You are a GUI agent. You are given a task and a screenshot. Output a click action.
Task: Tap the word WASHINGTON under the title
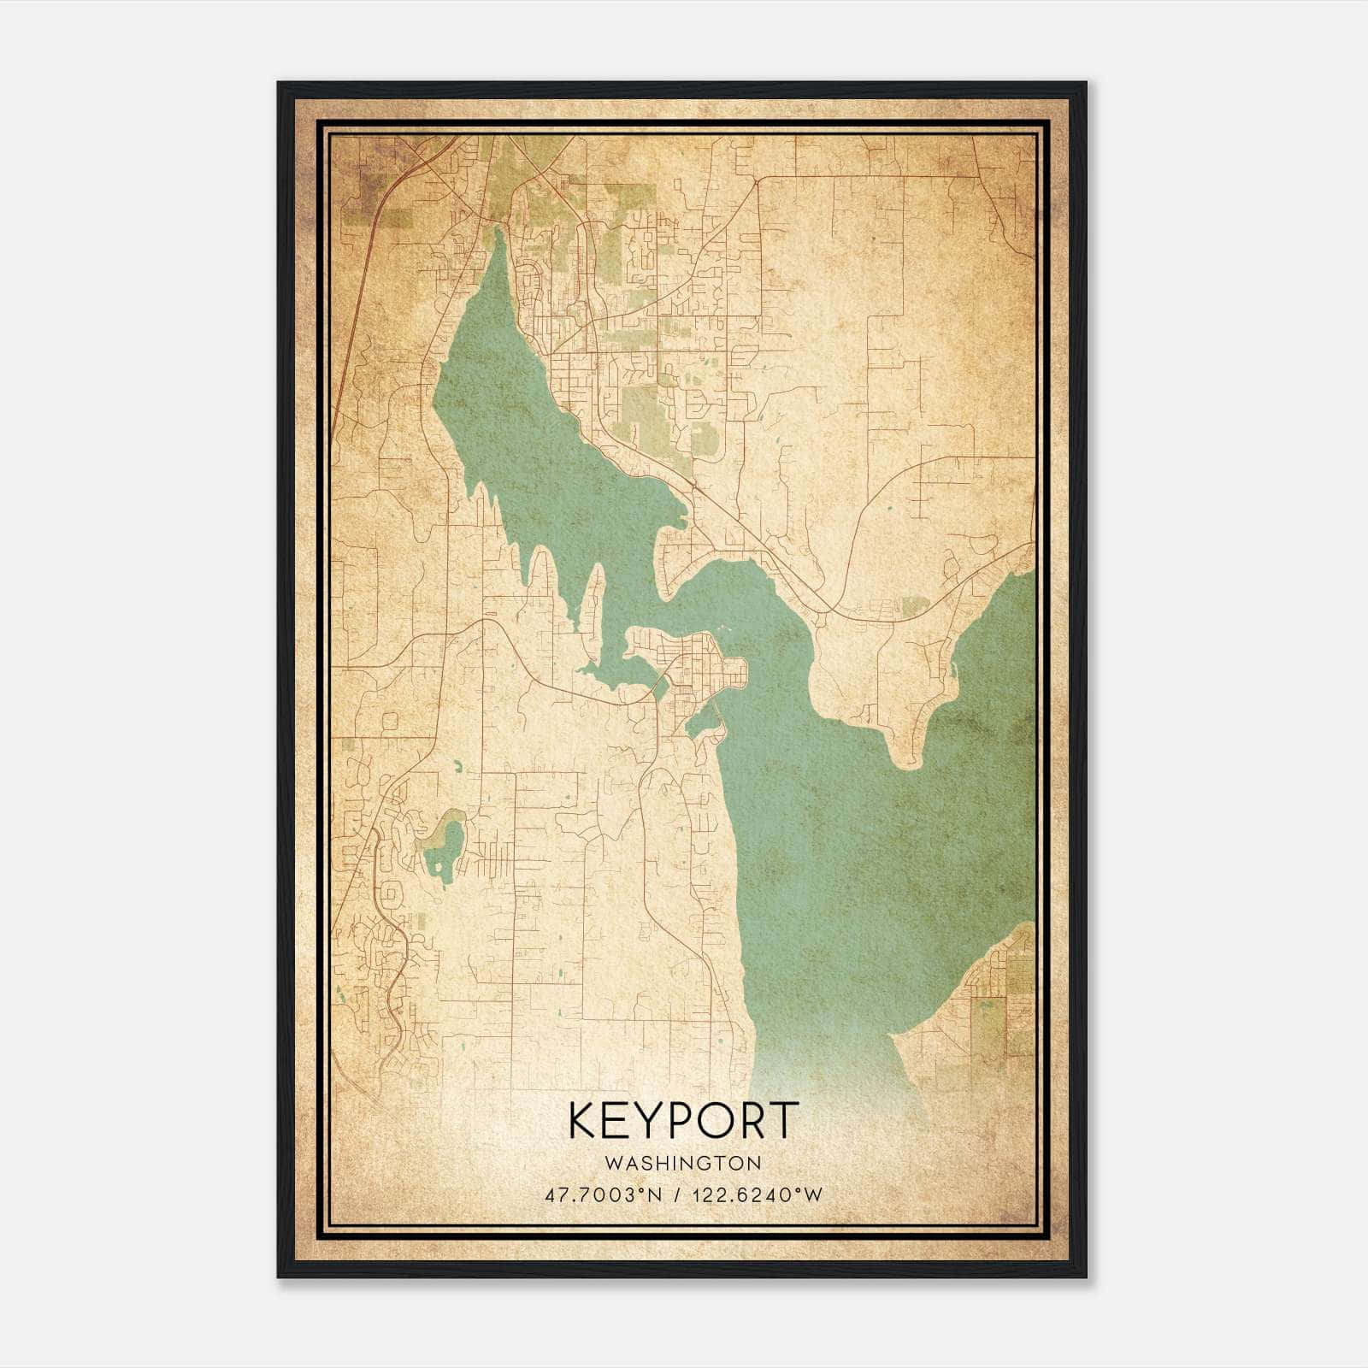[x=683, y=1164]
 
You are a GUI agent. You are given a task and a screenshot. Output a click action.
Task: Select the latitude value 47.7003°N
[x=602, y=1194]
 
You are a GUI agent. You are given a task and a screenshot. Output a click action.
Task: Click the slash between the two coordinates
[x=676, y=1194]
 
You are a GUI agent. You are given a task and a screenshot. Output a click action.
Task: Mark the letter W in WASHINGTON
[x=612, y=1164]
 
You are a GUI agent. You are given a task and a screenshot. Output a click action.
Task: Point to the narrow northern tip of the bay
[x=498, y=239]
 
